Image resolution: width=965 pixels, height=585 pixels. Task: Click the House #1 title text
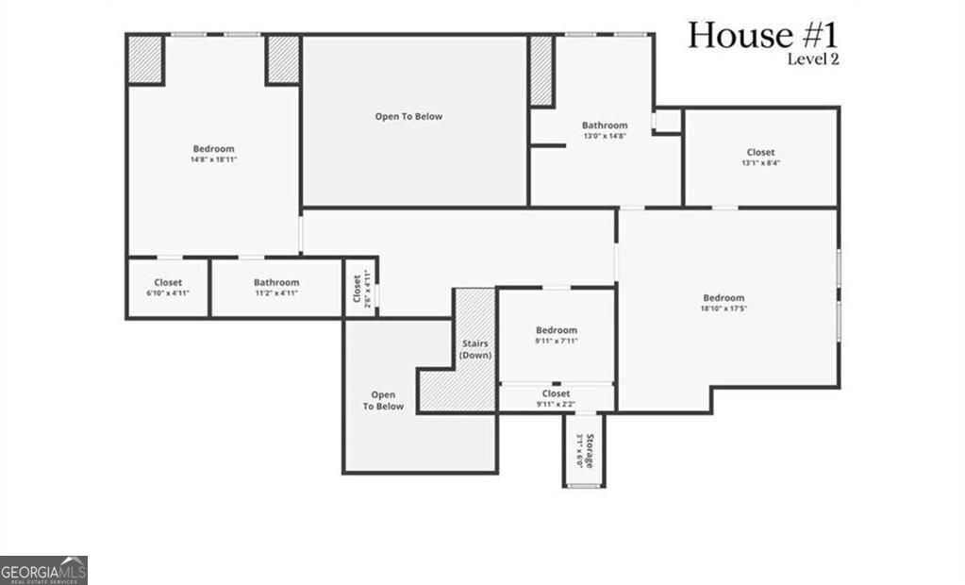pos(762,35)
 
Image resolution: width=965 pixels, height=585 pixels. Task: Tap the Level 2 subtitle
pos(812,59)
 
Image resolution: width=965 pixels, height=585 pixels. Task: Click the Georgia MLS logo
pos(43,570)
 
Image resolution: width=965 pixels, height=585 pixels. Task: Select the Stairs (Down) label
pos(474,349)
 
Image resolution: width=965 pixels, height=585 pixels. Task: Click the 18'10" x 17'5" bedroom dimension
pos(723,309)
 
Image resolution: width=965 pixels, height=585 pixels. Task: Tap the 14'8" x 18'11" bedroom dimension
pos(213,159)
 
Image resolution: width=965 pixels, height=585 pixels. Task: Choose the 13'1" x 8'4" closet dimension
pos(760,163)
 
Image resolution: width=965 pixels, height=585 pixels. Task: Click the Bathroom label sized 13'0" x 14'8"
pos(605,125)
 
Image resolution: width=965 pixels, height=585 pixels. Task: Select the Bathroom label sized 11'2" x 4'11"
pos(276,282)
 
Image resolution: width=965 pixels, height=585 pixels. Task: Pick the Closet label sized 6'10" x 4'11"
pos(168,282)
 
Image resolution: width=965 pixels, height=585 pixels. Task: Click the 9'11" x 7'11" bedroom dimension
pos(556,342)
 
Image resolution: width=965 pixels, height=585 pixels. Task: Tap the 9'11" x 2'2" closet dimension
pos(556,404)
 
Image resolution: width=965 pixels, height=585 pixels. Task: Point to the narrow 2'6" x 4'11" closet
pos(359,288)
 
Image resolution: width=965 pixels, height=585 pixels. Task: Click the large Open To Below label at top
pos(408,117)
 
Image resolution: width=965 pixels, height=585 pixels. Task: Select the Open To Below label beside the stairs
pos(383,401)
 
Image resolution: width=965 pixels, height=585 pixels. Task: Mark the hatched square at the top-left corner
pos(146,59)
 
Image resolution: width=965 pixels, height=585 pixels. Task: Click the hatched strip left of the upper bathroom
pos(541,71)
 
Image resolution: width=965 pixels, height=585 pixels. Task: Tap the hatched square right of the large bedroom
pos(282,59)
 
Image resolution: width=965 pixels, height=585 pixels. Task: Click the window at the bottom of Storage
pos(584,486)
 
